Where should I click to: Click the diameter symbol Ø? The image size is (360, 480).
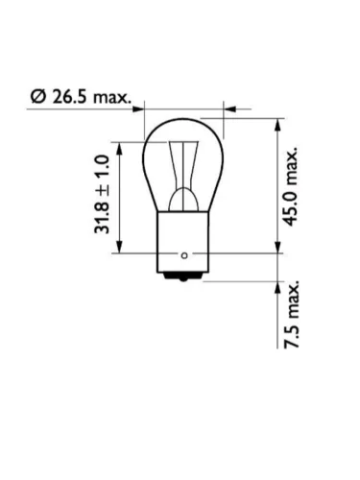37,96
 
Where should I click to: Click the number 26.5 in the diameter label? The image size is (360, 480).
69,96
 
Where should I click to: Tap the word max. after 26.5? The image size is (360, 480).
112,98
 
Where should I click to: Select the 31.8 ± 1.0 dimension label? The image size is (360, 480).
102,194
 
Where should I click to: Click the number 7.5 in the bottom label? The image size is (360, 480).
292,337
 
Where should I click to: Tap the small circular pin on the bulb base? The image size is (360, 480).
184,255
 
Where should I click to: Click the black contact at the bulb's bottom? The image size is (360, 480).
183,276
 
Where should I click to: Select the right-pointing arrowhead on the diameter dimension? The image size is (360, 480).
138,109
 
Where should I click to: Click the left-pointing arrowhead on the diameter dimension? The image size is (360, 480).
230,109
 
